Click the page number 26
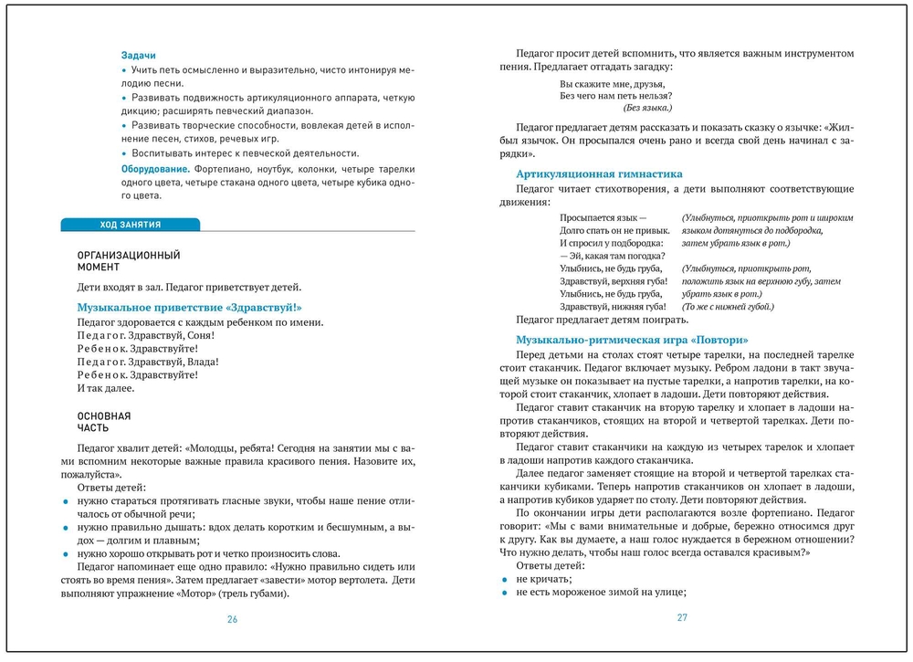[232, 619]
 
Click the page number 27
[681, 617]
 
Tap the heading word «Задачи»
[138, 54]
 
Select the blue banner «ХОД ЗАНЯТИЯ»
[130, 225]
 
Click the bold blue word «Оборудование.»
[152, 169]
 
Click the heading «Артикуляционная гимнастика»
[599, 173]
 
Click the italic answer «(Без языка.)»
[649, 108]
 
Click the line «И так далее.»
[106, 388]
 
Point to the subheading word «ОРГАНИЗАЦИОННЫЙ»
[129, 255]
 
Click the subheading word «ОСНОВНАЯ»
[104, 415]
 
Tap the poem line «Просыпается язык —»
[603, 218]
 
